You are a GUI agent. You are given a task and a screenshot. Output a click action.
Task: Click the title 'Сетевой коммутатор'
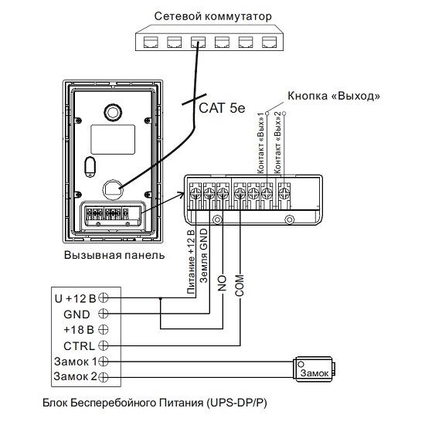pos(212,16)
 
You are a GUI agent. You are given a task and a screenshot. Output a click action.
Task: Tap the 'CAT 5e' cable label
pos(222,108)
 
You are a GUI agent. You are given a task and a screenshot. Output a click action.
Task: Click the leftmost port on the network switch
pos(151,42)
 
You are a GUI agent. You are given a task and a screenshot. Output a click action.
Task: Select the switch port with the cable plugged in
pos(198,42)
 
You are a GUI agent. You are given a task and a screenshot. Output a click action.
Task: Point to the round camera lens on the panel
pos(113,113)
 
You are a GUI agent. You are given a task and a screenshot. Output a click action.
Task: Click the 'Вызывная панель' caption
pos(114,255)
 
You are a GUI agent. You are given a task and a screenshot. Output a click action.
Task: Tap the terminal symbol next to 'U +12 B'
pos(104,297)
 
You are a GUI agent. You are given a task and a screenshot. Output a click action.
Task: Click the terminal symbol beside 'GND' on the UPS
pos(104,314)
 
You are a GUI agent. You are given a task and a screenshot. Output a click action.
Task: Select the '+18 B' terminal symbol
pos(104,330)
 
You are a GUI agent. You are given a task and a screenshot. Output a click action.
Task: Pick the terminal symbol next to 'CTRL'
pos(104,345)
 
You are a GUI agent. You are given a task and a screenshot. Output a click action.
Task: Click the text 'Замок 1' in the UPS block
pos(76,362)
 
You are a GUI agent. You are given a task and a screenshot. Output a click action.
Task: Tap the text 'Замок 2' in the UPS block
pos(76,376)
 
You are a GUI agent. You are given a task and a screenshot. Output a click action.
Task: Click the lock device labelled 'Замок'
pos(314,369)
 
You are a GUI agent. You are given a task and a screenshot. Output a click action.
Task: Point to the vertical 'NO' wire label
pos(222,284)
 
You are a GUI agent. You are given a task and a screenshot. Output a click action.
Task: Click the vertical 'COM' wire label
pos(240,285)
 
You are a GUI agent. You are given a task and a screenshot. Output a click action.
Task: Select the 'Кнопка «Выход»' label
pos(334,96)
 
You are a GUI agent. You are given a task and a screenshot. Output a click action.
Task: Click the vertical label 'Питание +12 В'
pos(191,262)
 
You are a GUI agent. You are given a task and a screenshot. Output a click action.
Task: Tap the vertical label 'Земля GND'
pos(203,256)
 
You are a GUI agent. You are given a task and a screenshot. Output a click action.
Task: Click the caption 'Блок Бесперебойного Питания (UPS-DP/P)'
pos(155,403)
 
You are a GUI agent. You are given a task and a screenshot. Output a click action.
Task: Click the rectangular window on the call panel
pos(113,139)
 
